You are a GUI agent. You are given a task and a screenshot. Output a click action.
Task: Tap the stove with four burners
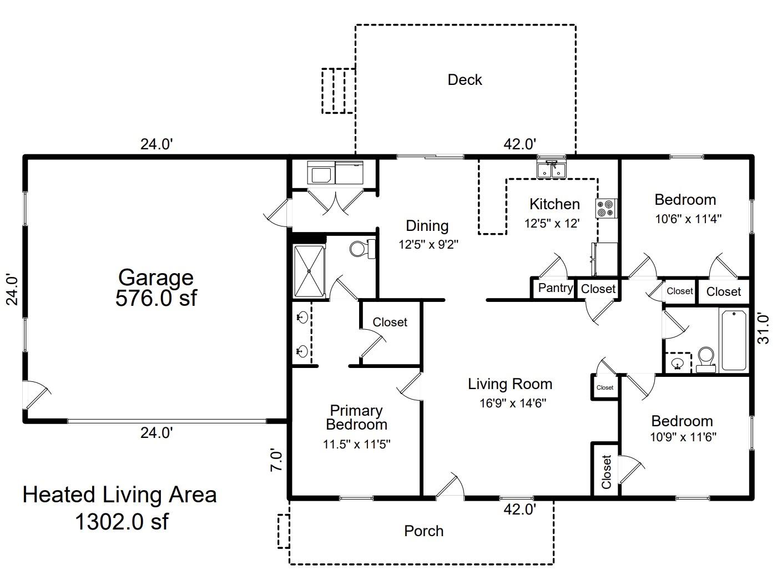coord(607,208)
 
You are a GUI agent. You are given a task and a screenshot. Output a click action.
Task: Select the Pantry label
coord(556,288)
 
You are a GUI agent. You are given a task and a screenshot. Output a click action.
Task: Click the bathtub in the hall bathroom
coord(734,340)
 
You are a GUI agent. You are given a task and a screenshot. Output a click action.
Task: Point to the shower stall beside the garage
coord(309,271)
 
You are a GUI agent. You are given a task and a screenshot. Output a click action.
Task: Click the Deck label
coord(465,79)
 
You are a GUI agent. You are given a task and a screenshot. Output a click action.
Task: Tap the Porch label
coord(423,531)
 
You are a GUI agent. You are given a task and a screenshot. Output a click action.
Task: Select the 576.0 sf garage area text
coord(156,297)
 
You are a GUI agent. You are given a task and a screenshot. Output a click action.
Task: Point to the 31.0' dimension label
coord(763,328)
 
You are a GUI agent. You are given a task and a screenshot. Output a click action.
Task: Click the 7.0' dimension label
coord(276,460)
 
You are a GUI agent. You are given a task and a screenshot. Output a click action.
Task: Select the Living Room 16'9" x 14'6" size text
coord(513,403)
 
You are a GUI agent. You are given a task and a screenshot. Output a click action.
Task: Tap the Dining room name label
coord(427,226)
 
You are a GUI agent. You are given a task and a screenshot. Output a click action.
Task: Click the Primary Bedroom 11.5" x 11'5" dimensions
coord(356,444)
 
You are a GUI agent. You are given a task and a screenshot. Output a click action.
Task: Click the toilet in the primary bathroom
coord(362,249)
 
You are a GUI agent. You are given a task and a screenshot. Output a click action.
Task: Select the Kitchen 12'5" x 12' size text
coord(552,223)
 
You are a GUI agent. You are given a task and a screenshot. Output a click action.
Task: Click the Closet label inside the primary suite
coord(390,322)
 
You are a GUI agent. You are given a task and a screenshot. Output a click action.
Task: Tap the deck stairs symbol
coord(339,91)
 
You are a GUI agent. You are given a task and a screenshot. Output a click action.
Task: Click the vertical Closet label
coord(606,472)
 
